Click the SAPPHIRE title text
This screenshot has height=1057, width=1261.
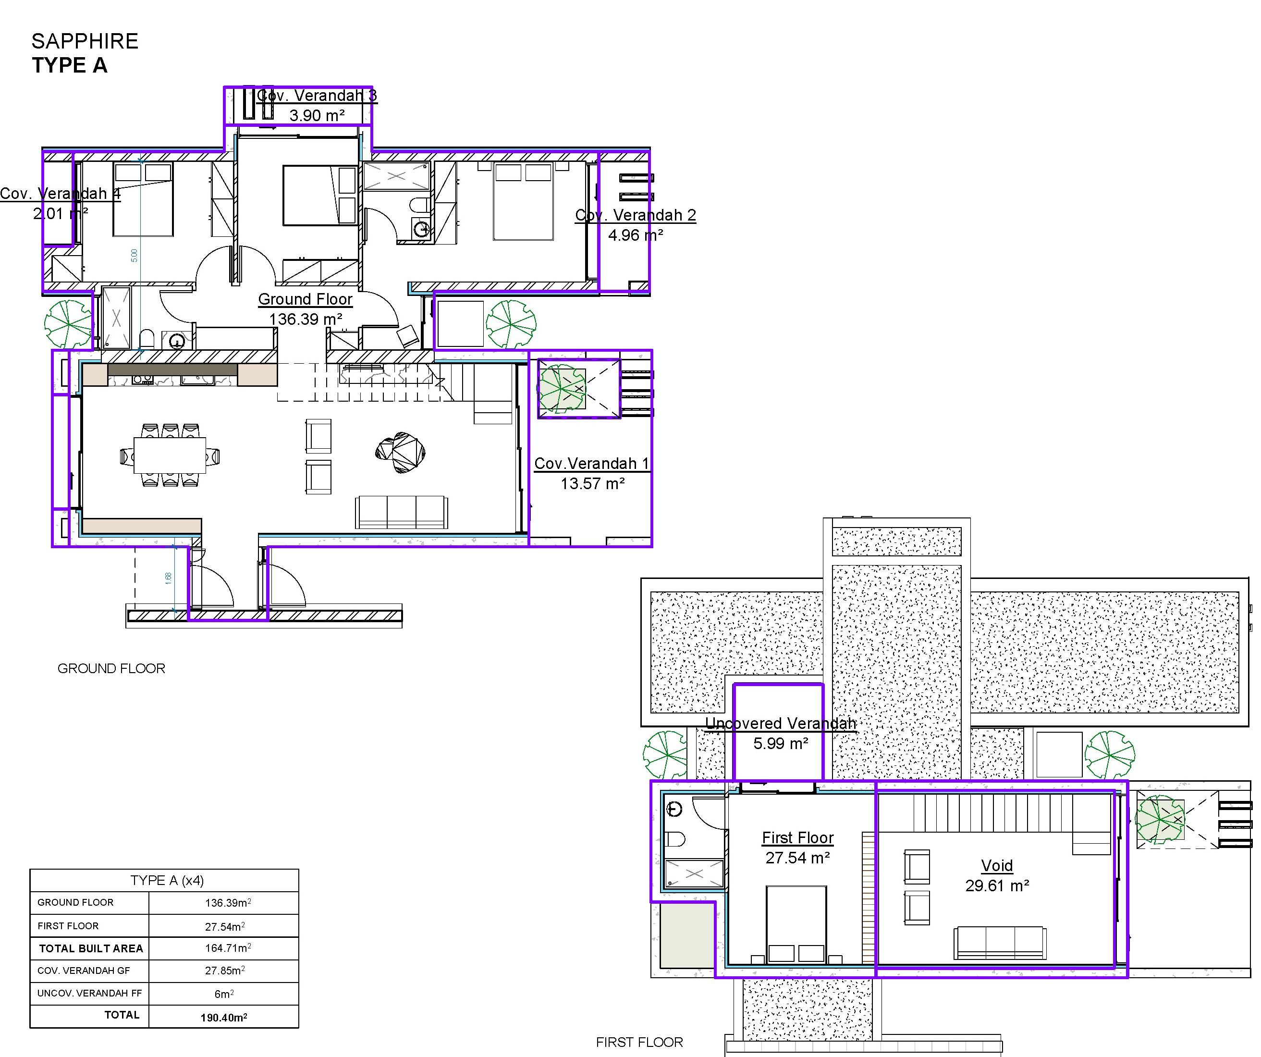click(85, 41)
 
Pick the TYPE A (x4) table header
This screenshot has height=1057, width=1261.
click(167, 880)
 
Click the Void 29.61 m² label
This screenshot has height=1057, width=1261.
click(997, 875)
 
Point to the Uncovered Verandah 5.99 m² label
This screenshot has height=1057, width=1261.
click(780, 733)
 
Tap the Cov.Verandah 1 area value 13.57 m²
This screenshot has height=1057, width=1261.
click(593, 483)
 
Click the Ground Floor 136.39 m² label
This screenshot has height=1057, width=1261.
click(305, 308)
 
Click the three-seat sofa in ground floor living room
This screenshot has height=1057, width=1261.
click(401, 512)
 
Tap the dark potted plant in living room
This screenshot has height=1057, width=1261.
click(401, 452)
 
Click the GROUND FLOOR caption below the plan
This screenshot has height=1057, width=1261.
click(111, 668)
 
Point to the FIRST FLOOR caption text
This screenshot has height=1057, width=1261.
click(639, 1042)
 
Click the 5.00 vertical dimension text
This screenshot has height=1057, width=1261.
click(135, 255)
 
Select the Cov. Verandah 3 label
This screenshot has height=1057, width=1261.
click(317, 96)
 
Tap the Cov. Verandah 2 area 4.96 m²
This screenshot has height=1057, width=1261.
click(635, 235)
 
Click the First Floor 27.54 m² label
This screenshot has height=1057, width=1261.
click(797, 848)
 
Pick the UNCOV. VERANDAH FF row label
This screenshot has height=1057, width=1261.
click(89, 994)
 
